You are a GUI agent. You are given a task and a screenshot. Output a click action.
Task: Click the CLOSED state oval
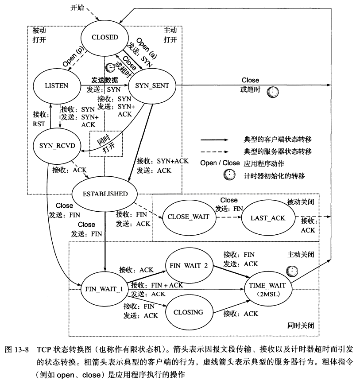click(x=105, y=37)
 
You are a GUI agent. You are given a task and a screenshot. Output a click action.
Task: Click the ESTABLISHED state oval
click(x=105, y=194)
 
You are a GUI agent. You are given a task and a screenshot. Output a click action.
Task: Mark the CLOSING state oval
click(x=188, y=312)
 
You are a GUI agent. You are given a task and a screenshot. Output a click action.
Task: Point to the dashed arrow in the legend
click(x=217, y=151)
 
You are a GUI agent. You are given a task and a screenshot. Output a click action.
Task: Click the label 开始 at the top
click(x=77, y=8)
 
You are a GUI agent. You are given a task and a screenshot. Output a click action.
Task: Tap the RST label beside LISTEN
click(x=39, y=124)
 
